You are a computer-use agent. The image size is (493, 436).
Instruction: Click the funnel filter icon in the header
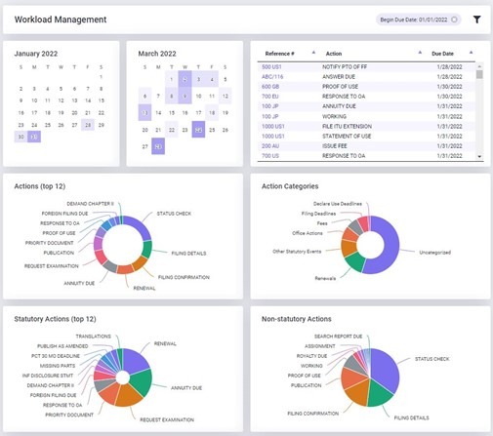coord(476,19)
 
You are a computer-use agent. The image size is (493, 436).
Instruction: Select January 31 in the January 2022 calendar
coord(35,137)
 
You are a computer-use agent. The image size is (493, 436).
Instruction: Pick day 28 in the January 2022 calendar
coord(88,124)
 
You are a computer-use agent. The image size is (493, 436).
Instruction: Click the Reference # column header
coord(284,53)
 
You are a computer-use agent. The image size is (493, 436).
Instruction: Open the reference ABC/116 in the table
coord(272,75)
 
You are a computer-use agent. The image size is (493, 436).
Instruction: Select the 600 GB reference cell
coord(270,86)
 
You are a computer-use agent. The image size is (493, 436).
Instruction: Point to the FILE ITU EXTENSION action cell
coord(354,126)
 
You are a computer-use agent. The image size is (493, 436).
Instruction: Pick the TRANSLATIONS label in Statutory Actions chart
coord(93,336)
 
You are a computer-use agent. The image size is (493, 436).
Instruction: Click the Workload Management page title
coord(61,19)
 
